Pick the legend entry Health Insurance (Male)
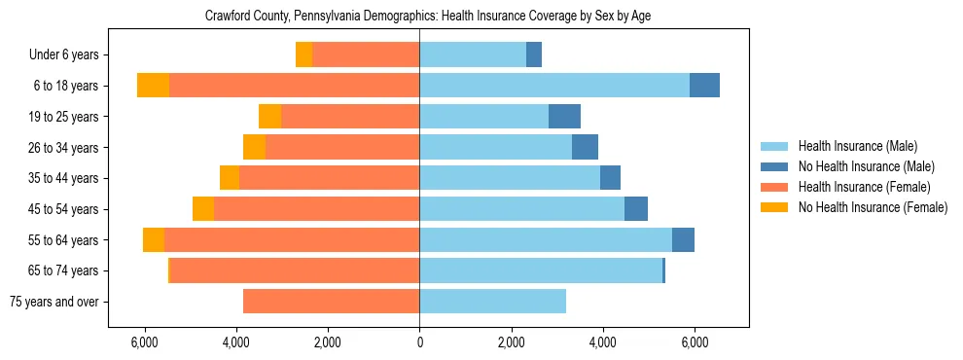(x=857, y=146)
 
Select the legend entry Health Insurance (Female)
(x=864, y=187)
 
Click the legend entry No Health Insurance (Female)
(x=873, y=207)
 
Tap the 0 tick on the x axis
(x=419, y=342)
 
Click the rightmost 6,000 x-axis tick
(x=695, y=342)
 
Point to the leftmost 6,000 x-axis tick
(x=144, y=342)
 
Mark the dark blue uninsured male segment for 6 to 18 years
(x=704, y=86)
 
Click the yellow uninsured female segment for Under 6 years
(x=303, y=55)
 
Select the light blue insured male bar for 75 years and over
(x=492, y=302)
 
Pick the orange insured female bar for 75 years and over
(x=331, y=302)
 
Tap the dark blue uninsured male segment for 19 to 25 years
(x=564, y=117)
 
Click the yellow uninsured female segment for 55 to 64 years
(x=154, y=240)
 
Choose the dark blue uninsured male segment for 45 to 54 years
(x=636, y=209)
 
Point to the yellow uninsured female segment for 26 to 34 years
(x=254, y=148)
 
